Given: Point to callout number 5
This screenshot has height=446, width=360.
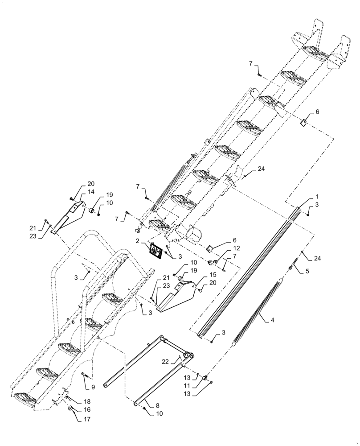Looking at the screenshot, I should tap(308, 271).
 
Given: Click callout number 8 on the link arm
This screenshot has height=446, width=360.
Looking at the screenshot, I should tap(158, 406).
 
